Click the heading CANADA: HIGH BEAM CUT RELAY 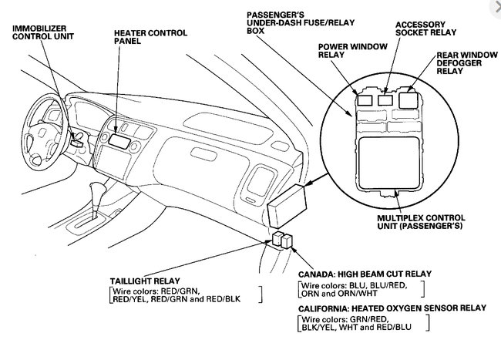pyautogui.click(x=364, y=274)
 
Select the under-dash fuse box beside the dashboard pyautogui.click(x=288, y=210)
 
